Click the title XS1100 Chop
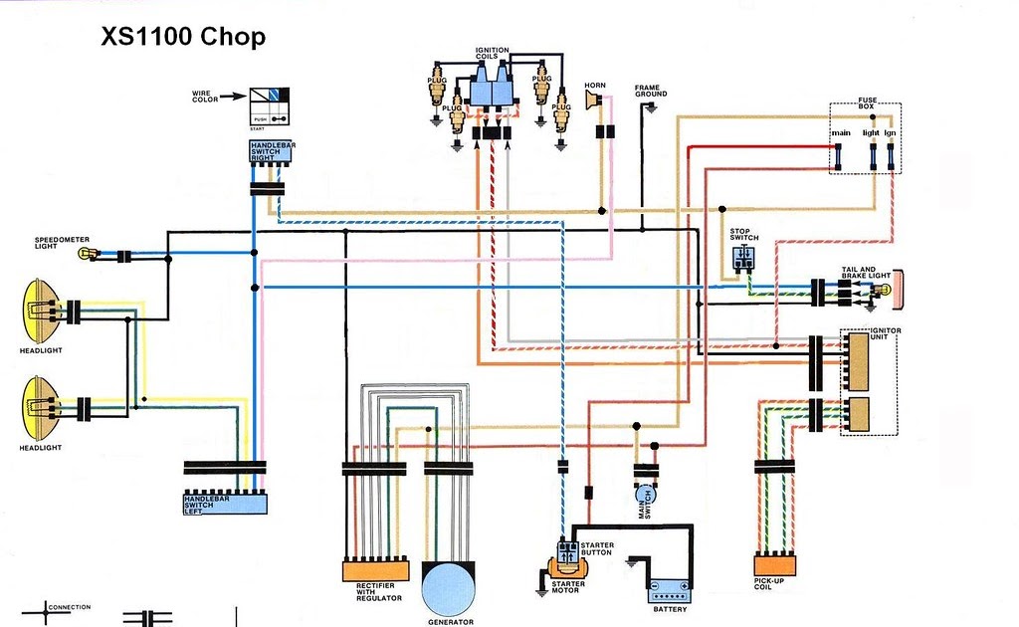pyautogui.click(x=183, y=38)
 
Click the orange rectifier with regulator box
pyautogui.click(x=375, y=572)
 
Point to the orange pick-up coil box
pyautogui.click(x=775, y=564)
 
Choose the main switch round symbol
pyautogui.click(x=646, y=495)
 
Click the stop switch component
pyautogui.click(x=744, y=259)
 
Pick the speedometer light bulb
pyautogui.click(x=86, y=255)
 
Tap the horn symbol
pyautogui.click(x=594, y=101)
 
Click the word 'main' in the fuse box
pyautogui.click(x=842, y=132)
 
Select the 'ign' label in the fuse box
pyautogui.click(x=891, y=132)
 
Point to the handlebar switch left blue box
pyautogui.click(x=225, y=503)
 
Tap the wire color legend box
pyautogui.click(x=268, y=105)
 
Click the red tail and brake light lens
pyautogui.click(x=898, y=290)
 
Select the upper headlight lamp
pyautogui.click(x=38, y=311)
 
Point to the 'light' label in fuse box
pyautogui.click(x=871, y=132)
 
